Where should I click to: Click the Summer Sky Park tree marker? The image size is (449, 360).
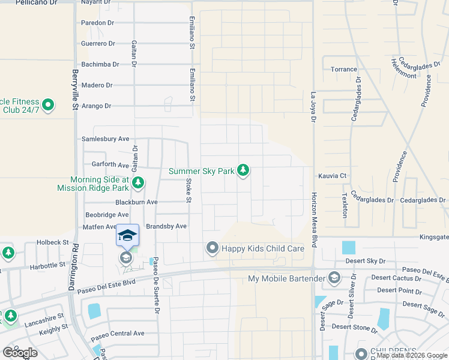pyautogui.click(x=243, y=171)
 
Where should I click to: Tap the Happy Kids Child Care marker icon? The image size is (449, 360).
pyautogui.click(x=211, y=248)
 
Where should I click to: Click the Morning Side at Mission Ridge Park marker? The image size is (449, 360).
pyautogui.click(x=138, y=183)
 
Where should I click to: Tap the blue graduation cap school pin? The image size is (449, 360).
pyautogui.click(x=127, y=235)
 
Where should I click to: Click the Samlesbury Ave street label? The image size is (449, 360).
pyautogui.click(x=105, y=139)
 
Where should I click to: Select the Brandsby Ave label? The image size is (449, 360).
pyautogui.click(x=166, y=226)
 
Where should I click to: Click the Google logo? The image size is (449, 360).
pyautogui.click(x=20, y=353)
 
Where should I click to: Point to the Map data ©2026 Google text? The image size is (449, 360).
pyautogui.click(x=411, y=355)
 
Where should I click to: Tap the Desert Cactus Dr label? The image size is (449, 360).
pyautogui.click(x=396, y=278)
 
